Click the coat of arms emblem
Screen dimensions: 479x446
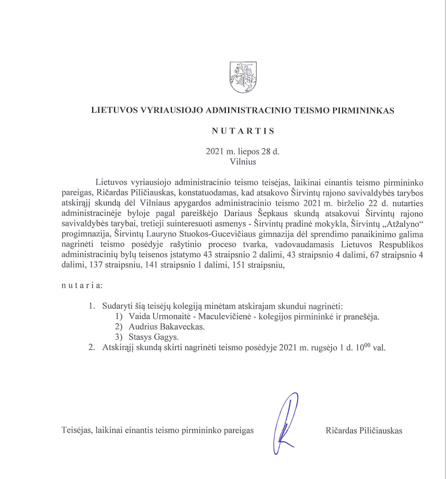(x=243, y=77)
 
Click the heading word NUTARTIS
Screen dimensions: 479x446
(x=243, y=131)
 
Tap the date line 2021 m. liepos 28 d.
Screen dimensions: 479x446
(x=243, y=152)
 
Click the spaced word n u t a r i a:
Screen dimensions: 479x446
(x=82, y=286)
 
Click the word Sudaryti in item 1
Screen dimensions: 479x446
(x=118, y=307)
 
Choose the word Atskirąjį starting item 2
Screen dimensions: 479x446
(x=121, y=348)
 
